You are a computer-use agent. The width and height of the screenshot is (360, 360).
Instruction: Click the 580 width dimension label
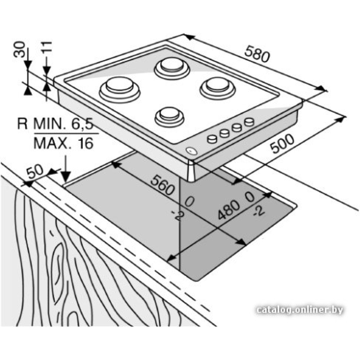point(257,54)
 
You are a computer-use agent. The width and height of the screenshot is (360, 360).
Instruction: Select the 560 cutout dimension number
point(162,184)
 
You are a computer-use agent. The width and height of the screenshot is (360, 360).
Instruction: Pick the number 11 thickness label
point(47,48)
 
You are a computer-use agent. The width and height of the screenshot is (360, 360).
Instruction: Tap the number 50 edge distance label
point(35,172)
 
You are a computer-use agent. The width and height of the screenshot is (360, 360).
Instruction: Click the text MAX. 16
point(63,143)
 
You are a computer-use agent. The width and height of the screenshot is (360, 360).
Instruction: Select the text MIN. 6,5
point(63,125)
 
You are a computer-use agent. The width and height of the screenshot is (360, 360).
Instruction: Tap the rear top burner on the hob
point(172,67)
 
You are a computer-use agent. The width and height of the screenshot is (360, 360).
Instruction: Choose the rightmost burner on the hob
point(217,87)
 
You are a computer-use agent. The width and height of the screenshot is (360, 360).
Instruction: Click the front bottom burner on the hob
point(169,115)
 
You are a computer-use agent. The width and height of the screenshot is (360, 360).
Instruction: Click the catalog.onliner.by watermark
point(300,310)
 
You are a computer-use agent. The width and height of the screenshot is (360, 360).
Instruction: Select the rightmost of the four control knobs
point(249,122)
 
